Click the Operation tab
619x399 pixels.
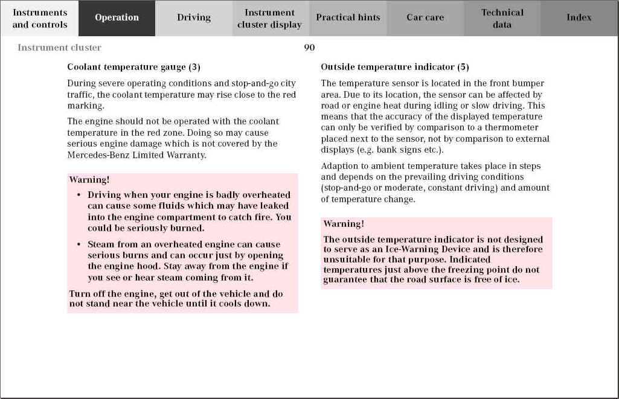click(x=117, y=18)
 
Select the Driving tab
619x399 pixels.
click(x=194, y=18)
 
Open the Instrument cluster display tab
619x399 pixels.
click(x=269, y=18)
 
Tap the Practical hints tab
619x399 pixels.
click(x=348, y=18)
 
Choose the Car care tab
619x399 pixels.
click(x=425, y=18)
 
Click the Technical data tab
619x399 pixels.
click(x=502, y=18)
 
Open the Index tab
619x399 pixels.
click(x=579, y=18)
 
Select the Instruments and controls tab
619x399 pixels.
click(x=40, y=18)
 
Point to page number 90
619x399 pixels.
click(x=309, y=48)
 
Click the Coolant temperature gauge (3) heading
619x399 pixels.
click(x=133, y=67)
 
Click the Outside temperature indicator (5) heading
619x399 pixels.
click(x=395, y=67)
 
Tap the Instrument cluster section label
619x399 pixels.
click(x=59, y=48)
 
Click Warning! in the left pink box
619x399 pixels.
click(x=89, y=179)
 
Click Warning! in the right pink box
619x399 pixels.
click(x=344, y=224)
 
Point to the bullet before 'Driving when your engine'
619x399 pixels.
click(x=79, y=195)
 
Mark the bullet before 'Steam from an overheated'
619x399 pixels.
click(x=79, y=244)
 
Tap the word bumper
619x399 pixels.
click(x=530, y=83)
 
